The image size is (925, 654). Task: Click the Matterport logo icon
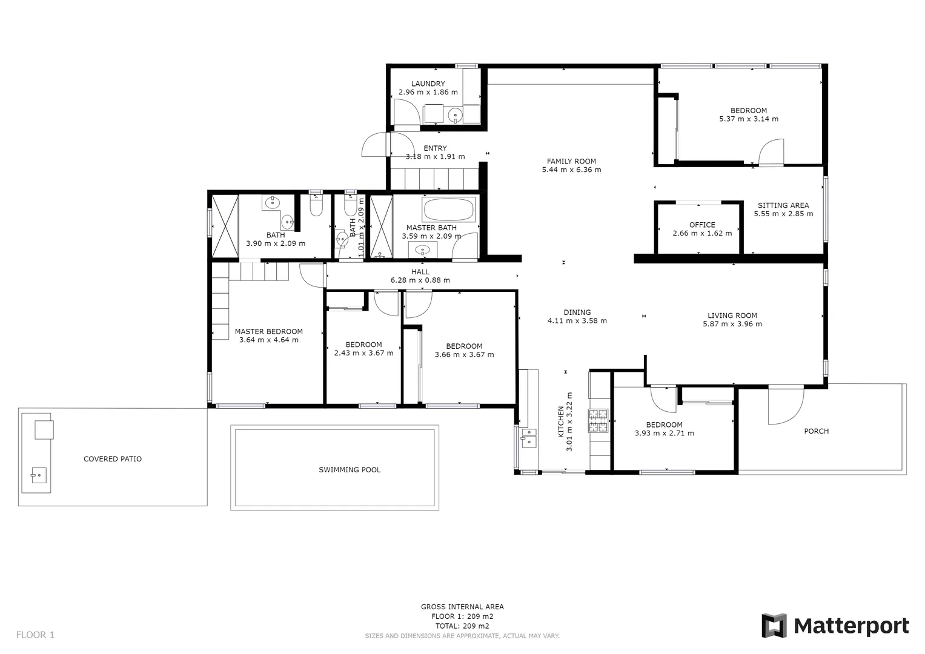(x=774, y=626)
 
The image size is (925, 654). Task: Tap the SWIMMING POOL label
(x=350, y=470)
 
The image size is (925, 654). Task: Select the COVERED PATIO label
(x=113, y=459)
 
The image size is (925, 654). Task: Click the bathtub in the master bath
(x=449, y=210)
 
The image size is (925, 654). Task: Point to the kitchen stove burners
(x=598, y=421)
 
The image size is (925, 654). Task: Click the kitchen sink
(x=528, y=437)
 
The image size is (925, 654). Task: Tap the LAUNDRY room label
(x=428, y=84)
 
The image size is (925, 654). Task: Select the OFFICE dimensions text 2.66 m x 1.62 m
(x=702, y=233)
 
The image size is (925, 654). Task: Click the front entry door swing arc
(x=374, y=145)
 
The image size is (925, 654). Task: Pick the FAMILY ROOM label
(x=571, y=161)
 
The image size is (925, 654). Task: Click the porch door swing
(x=785, y=406)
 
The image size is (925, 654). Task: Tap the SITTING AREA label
(x=783, y=205)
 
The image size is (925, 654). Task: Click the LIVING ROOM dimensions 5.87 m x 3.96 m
(x=732, y=324)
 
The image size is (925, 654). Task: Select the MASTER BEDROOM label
(x=268, y=331)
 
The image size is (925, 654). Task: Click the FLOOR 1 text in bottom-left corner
(x=35, y=635)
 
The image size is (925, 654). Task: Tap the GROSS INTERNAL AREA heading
(x=462, y=607)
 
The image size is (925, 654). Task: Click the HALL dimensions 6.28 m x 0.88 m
(x=420, y=280)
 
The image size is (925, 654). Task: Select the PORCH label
(x=816, y=431)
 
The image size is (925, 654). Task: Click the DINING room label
(x=577, y=312)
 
